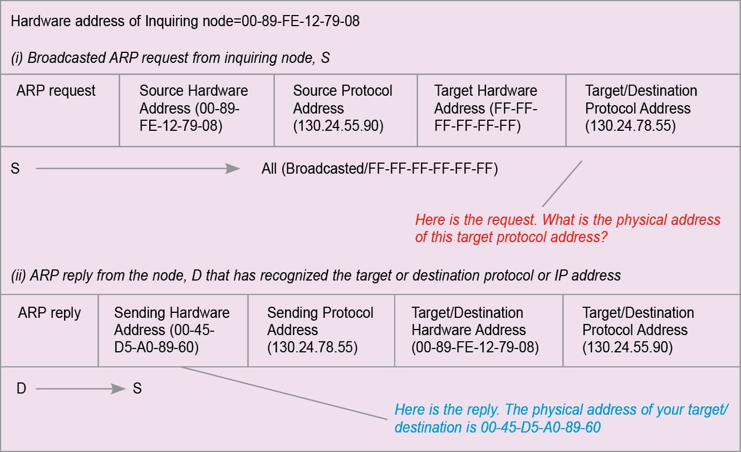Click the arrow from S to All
click(138, 169)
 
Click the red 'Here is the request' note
click(567, 228)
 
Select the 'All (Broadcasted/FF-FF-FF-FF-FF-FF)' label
click(380, 169)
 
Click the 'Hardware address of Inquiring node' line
click(185, 22)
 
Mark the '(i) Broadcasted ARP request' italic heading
click(170, 57)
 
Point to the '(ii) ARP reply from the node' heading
click(316, 275)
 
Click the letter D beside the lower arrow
click(21, 389)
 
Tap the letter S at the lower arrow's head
click(137, 389)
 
